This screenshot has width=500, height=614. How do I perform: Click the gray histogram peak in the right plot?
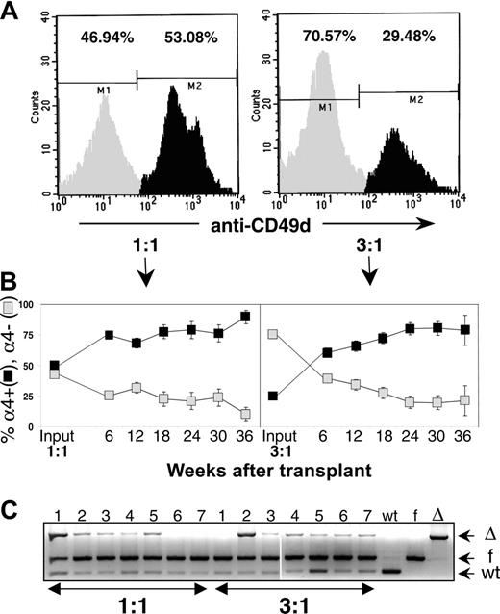[x=323, y=58]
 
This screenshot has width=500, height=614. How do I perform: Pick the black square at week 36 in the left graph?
[x=218, y=317]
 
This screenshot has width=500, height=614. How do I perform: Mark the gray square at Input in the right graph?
[x=273, y=334]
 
